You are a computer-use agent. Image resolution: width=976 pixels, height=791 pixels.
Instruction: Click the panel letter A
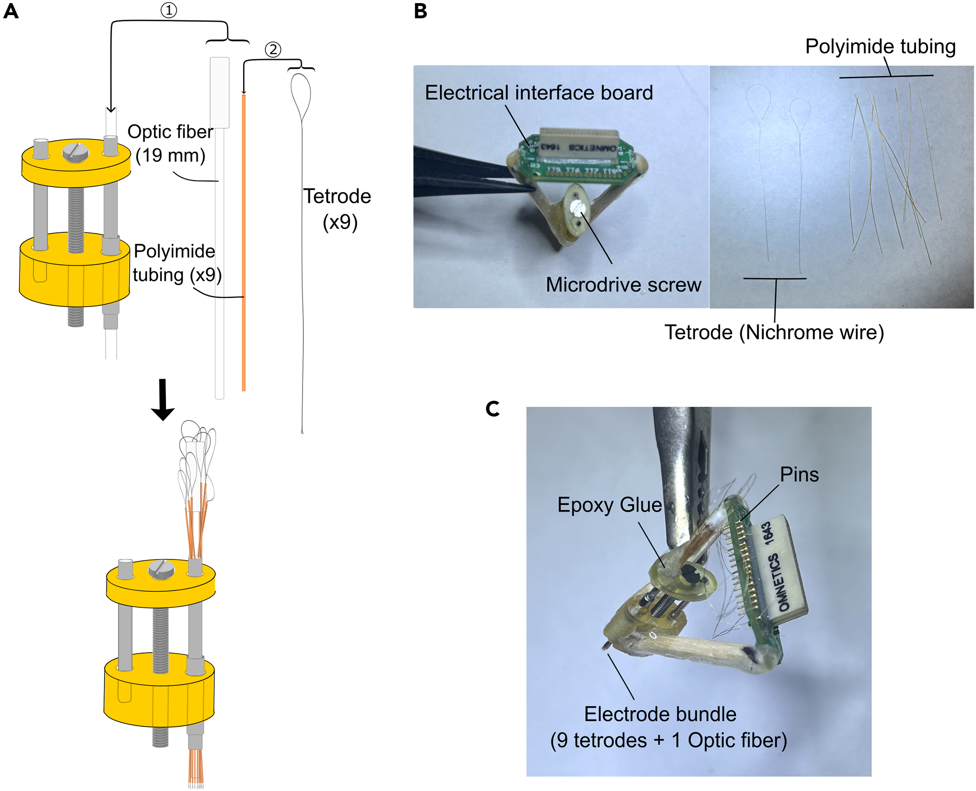(x=11, y=11)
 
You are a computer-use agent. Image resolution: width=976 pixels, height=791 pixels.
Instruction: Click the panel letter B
(x=420, y=11)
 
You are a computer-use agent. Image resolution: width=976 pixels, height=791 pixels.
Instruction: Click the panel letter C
(x=492, y=409)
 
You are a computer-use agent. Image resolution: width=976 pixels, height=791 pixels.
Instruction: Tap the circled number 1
(x=169, y=10)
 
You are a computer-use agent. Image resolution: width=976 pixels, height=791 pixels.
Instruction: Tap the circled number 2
(x=273, y=49)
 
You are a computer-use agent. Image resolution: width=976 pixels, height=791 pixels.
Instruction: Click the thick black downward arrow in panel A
(x=163, y=399)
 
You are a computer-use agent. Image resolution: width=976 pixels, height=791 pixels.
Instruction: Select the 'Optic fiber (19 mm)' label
(x=169, y=144)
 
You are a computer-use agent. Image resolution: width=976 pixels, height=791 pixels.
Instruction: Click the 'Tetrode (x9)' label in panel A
(x=338, y=209)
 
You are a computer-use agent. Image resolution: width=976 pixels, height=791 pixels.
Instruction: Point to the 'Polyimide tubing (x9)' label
(x=176, y=263)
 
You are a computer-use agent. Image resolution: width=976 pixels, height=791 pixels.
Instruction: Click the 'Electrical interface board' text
(x=539, y=93)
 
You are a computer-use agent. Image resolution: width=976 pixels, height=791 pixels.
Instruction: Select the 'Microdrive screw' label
(x=623, y=285)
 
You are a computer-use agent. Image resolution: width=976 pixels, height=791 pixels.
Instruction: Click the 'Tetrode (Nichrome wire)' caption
(x=774, y=332)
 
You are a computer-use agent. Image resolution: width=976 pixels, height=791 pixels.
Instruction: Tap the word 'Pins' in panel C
(x=799, y=475)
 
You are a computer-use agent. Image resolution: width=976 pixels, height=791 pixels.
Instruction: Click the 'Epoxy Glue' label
(x=609, y=505)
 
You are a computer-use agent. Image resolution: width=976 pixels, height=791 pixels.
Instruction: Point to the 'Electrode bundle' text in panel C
(x=660, y=714)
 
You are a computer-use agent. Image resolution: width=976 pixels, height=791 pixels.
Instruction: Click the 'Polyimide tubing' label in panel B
(x=880, y=47)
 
